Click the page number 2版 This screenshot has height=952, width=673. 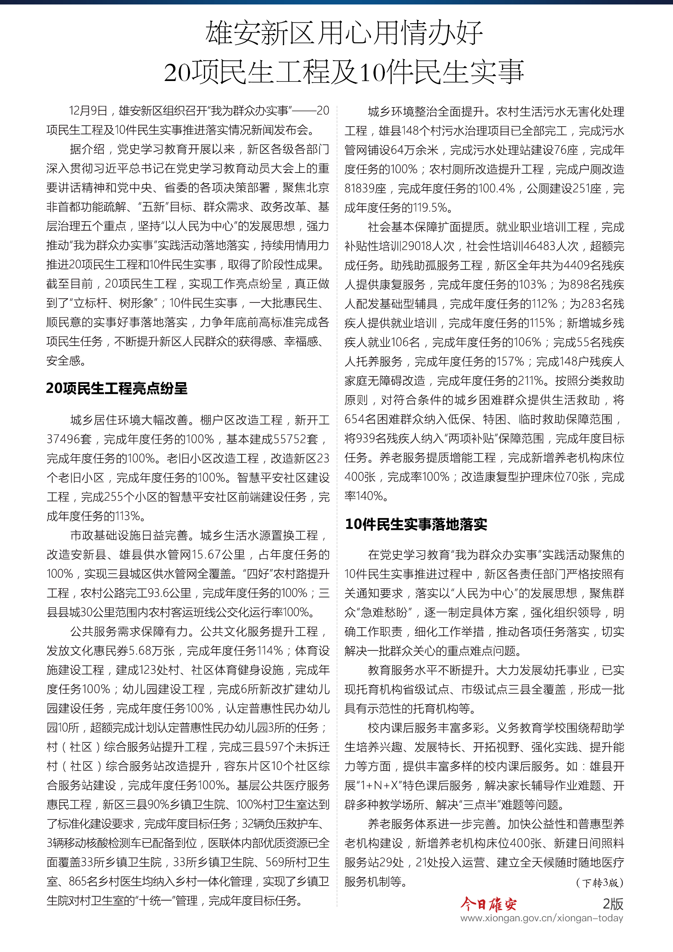coord(612,904)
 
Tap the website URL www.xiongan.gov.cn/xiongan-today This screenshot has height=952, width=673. coord(541,918)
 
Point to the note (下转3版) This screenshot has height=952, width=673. coord(600,882)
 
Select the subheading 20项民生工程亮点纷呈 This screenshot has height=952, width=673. coord(116,388)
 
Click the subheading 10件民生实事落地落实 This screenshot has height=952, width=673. coord(416,524)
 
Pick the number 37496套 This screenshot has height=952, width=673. coord(69,439)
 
